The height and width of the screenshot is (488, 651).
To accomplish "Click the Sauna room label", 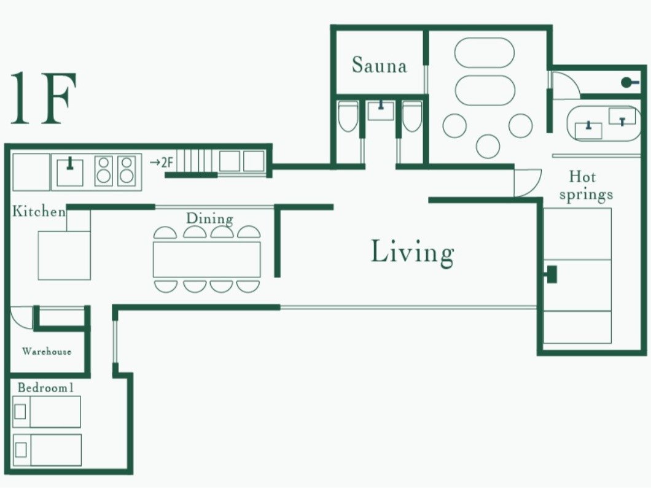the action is click(379, 65).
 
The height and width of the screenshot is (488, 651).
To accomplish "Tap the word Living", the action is click(412, 252).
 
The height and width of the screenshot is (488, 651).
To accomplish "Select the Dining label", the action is click(209, 219).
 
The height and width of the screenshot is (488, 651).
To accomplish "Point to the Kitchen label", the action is click(39, 211).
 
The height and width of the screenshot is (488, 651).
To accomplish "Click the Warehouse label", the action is click(47, 352).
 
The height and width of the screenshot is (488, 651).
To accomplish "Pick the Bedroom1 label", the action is click(45, 388).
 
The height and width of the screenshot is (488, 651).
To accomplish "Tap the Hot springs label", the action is click(585, 185).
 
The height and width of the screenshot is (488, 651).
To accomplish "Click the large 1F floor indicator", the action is click(43, 98).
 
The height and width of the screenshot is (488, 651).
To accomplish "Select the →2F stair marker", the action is click(161, 162).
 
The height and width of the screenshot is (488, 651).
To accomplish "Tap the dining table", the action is click(207, 260).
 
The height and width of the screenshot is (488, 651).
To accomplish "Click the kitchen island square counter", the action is click(64, 255).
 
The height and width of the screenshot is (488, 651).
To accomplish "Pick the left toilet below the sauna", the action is click(348, 117).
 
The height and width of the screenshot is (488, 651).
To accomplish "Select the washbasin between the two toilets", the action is click(381, 110).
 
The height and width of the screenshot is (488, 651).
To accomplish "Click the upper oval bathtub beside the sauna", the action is click(485, 53).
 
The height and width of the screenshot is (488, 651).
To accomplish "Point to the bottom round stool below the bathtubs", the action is click(488, 146).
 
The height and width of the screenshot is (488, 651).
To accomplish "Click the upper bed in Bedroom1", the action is click(47, 412).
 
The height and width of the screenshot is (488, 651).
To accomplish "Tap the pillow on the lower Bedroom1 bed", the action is click(20, 449).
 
